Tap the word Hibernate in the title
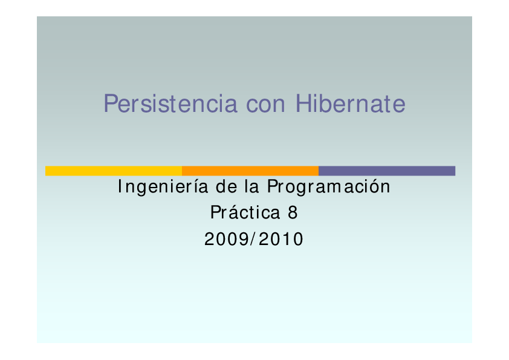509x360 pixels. click(x=351, y=103)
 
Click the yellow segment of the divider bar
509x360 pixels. click(x=114, y=171)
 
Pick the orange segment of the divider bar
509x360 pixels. click(x=250, y=171)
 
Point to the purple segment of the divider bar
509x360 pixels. click(x=387, y=171)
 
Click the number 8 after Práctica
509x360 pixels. click(x=294, y=213)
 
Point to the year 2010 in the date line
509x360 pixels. click(x=283, y=240)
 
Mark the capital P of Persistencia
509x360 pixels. click(x=110, y=103)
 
